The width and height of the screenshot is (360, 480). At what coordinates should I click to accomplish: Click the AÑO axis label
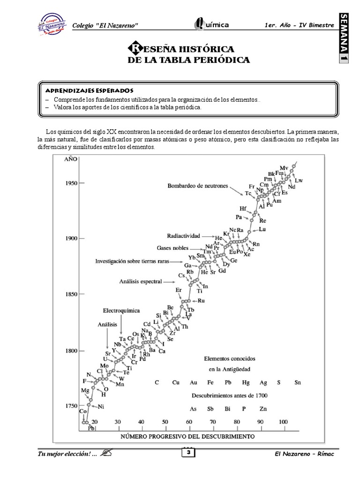click(70, 159)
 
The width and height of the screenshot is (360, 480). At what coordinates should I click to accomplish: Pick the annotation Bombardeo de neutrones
click(198, 186)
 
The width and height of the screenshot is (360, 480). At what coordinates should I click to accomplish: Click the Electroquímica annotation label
click(121, 310)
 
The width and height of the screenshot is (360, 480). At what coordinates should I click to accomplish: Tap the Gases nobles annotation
click(172, 248)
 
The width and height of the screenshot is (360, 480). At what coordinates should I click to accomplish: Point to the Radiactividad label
click(183, 235)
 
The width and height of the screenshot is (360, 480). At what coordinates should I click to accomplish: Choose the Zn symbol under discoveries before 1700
click(263, 408)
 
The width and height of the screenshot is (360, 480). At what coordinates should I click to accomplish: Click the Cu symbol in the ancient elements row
click(176, 382)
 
